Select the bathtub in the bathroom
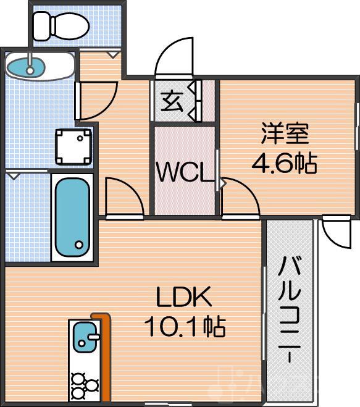pyautogui.click(x=73, y=216)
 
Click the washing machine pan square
pyautogui.click(x=73, y=146)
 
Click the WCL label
pyautogui.click(x=184, y=172)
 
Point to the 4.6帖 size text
pyautogui.click(x=284, y=163)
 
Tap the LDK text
pyautogui.click(x=183, y=298)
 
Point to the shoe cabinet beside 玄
pyautogui.click(x=196, y=99)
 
